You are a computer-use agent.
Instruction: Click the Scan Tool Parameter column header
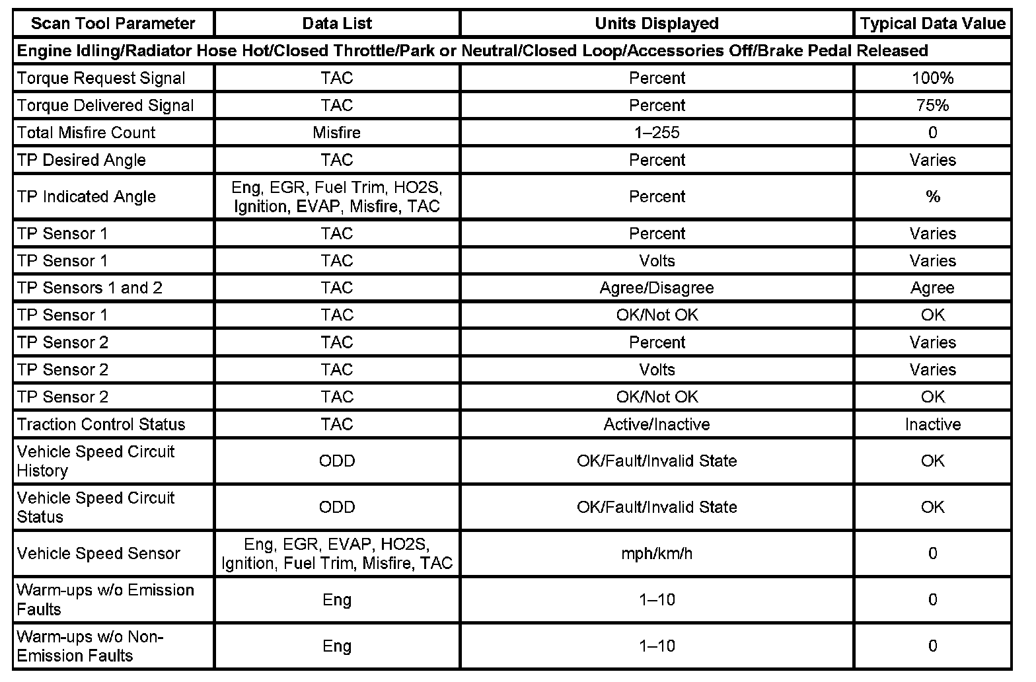pos(113,24)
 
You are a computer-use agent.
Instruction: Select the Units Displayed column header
pos(656,24)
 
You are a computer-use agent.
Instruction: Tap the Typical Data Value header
pos(932,24)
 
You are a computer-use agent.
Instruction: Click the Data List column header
pos(337,24)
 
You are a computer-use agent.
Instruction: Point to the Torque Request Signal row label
pos(101,78)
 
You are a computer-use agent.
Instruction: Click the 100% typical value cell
pos(932,78)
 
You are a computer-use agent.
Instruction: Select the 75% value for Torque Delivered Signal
pos(932,105)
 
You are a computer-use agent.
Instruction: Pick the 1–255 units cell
pos(657,133)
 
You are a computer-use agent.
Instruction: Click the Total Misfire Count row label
pos(87,133)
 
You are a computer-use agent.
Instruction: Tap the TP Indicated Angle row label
pos(87,196)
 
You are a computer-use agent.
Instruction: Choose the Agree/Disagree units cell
pos(657,288)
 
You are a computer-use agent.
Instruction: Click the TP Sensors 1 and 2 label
pos(90,288)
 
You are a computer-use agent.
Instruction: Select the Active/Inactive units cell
pos(657,424)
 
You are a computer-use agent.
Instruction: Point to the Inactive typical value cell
pos(932,424)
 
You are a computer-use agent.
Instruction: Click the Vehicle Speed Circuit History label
pos(96,461)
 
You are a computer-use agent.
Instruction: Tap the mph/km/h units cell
pos(657,553)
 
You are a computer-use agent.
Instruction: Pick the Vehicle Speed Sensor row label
pos(98,553)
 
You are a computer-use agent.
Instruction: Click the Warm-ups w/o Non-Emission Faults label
pos(90,646)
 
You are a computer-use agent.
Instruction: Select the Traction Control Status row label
pos(101,424)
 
